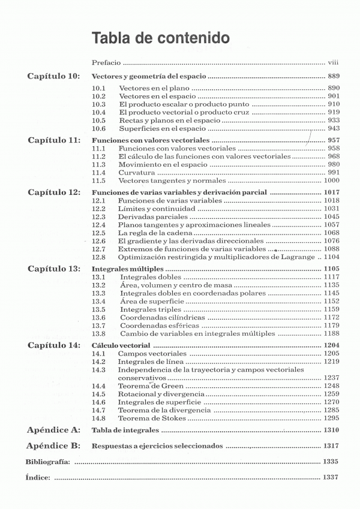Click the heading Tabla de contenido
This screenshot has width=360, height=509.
(160, 38)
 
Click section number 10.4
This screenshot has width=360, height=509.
(99, 112)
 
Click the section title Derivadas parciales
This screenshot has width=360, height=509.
(146, 216)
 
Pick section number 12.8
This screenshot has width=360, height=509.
(99, 256)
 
